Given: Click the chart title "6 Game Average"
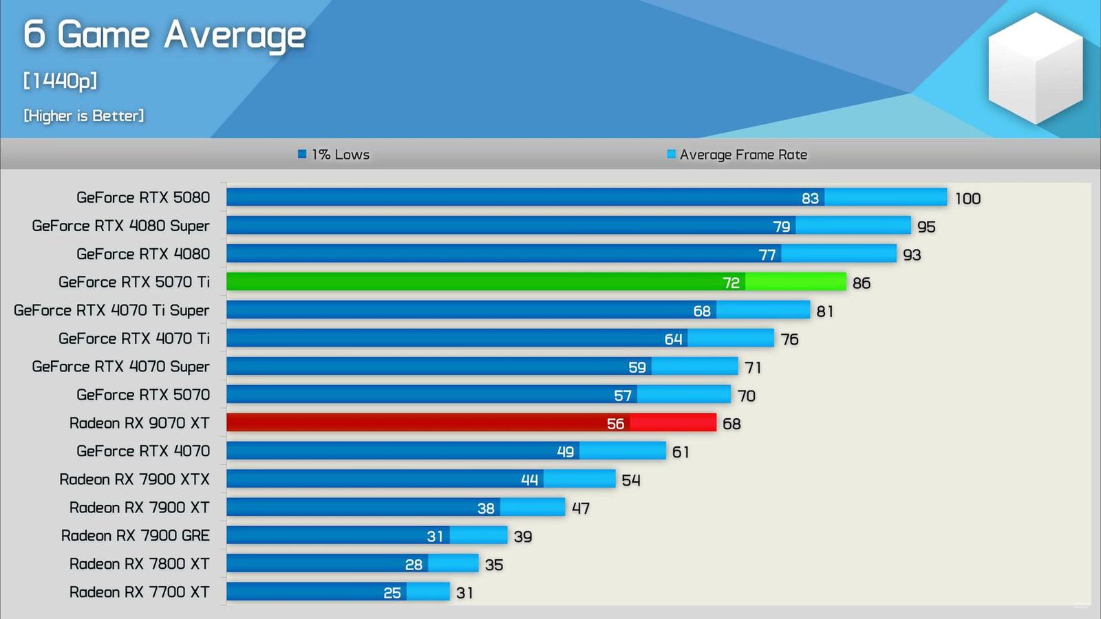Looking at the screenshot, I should pyautogui.click(x=164, y=35).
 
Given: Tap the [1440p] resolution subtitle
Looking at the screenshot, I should pyautogui.click(x=60, y=80).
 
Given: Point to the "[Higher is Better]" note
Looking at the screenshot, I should pyautogui.click(x=84, y=116).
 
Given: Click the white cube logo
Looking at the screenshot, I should pyautogui.click(x=1035, y=68).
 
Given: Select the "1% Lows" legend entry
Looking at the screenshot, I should pyautogui.click(x=334, y=155).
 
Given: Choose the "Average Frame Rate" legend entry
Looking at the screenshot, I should pyautogui.click(x=737, y=155).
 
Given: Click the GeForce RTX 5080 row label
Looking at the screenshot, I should pyautogui.click(x=143, y=197).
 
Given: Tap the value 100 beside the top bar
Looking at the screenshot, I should pyautogui.click(x=968, y=199).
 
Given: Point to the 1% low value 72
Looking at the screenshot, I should pyautogui.click(x=731, y=283).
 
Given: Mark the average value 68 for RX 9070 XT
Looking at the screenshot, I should pyautogui.click(x=731, y=424).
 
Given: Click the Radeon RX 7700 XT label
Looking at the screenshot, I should pyautogui.click(x=139, y=592).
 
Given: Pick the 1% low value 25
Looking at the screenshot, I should pyautogui.click(x=392, y=593).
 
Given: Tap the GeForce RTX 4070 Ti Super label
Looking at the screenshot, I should pyautogui.click(x=111, y=310).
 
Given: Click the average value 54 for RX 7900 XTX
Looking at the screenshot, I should pyautogui.click(x=631, y=480).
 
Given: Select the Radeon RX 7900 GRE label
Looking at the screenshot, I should pyautogui.click(x=136, y=536).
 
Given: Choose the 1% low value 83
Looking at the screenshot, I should pyautogui.click(x=810, y=199).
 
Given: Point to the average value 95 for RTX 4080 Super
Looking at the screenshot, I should pyautogui.click(x=926, y=227).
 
